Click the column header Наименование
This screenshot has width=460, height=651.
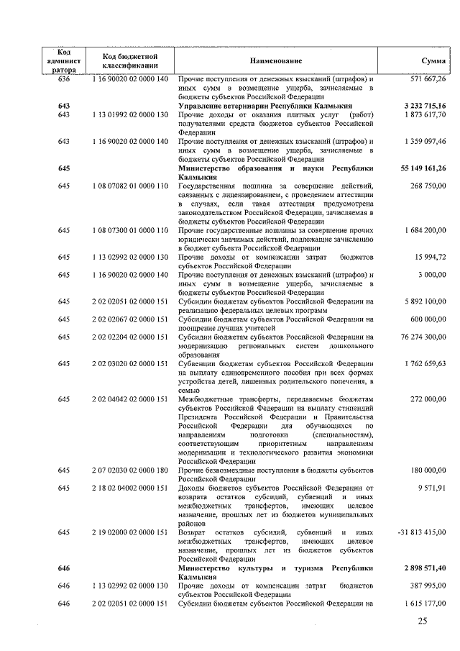276,62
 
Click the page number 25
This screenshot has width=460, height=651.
423,622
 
